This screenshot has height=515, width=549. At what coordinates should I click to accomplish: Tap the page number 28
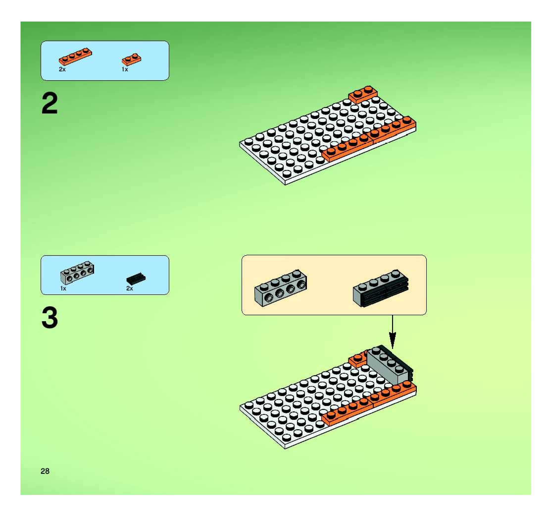click(x=45, y=471)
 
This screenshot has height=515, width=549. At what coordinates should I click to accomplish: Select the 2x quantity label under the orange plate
click(x=62, y=69)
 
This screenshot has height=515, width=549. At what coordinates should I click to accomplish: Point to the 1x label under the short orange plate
click(x=125, y=69)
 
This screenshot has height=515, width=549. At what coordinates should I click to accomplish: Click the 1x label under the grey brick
click(x=63, y=288)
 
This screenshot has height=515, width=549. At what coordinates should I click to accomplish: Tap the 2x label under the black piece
click(x=129, y=288)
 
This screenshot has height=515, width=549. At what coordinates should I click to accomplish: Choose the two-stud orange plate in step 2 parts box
click(x=131, y=59)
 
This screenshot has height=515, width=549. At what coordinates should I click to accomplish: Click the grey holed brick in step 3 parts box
click(x=77, y=273)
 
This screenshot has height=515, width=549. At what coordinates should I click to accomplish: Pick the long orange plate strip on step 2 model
click(x=370, y=140)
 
